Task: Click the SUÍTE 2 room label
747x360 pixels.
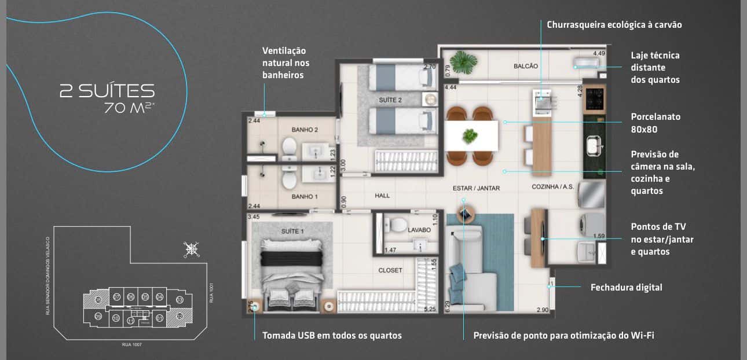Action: click(x=390, y=100)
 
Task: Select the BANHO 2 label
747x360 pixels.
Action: click(x=305, y=130)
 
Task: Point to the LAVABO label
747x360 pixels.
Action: click(x=419, y=230)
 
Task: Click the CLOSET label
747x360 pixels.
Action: click(x=390, y=270)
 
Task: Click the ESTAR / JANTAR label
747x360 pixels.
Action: click(x=476, y=188)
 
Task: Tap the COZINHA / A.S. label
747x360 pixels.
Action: click(x=553, y=187)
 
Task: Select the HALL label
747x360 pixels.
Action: click(x=382, y=196)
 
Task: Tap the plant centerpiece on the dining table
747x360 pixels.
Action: click(x=471, y=136)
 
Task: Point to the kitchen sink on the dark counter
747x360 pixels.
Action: click(x=594, y=145)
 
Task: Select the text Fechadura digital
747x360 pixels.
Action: click(x=626, y=288)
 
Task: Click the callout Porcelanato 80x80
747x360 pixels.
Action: click(x=656, y=123)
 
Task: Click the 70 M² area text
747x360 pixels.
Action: click(x=129, y=108)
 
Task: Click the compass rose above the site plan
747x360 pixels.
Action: click(x=191, y=249)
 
